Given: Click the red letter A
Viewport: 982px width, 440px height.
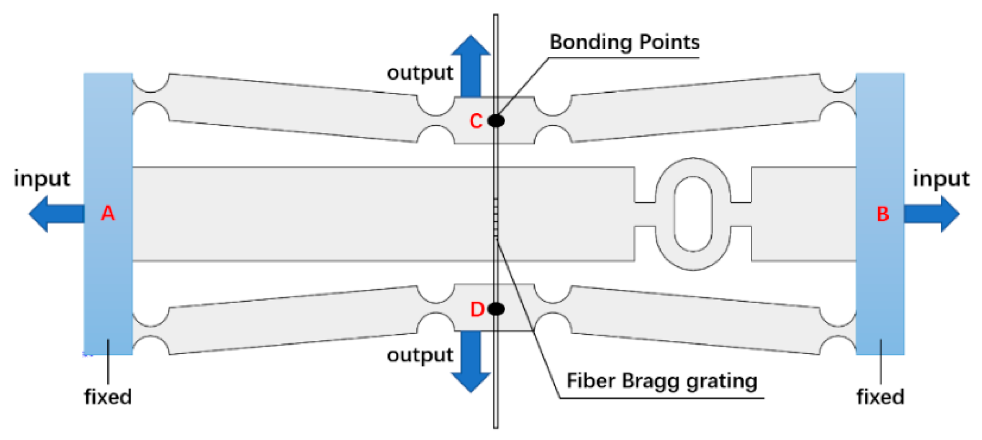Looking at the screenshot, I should (108, 213).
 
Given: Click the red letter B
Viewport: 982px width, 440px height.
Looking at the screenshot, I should (883, 214).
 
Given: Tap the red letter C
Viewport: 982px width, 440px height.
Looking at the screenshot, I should (476, 121).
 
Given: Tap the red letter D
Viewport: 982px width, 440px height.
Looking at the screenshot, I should (477, 309).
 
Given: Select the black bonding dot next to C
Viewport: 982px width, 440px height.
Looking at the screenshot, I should (496, 121).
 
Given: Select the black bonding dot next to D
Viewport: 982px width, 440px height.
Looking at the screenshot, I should (496, 309).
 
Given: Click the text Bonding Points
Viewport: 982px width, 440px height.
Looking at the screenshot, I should (624, 42).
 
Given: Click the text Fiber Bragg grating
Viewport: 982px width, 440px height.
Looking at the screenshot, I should (662, 381).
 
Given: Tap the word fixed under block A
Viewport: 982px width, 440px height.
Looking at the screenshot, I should (108, 397).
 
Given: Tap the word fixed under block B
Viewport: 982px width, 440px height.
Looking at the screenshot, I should (880, 397).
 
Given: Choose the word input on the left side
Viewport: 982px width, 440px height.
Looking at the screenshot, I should (42, 179).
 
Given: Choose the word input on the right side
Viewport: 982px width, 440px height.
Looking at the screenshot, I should (941, 179).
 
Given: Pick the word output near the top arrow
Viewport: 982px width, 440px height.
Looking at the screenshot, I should (420, 73).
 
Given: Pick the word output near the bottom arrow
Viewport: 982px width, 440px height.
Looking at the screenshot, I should (420, 355).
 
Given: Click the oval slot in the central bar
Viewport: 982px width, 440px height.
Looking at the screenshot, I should (693, 214).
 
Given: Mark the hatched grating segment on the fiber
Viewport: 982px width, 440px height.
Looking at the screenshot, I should (496, 217).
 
